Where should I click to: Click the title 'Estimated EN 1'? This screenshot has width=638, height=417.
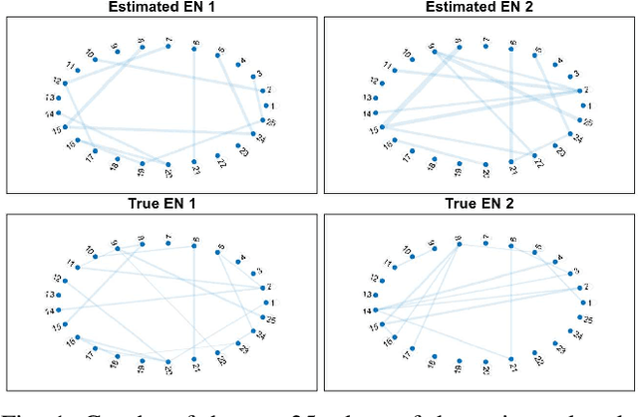tap(164, 8)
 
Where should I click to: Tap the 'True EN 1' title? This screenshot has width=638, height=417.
tap(164, 205)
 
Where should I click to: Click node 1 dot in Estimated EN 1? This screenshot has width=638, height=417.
tap(266, 106)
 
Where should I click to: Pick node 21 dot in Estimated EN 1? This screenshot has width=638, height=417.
tap(193, 162)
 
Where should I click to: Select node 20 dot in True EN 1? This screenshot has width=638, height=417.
tap(167, 361)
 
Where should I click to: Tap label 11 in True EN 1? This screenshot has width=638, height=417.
tap(71, 264)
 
